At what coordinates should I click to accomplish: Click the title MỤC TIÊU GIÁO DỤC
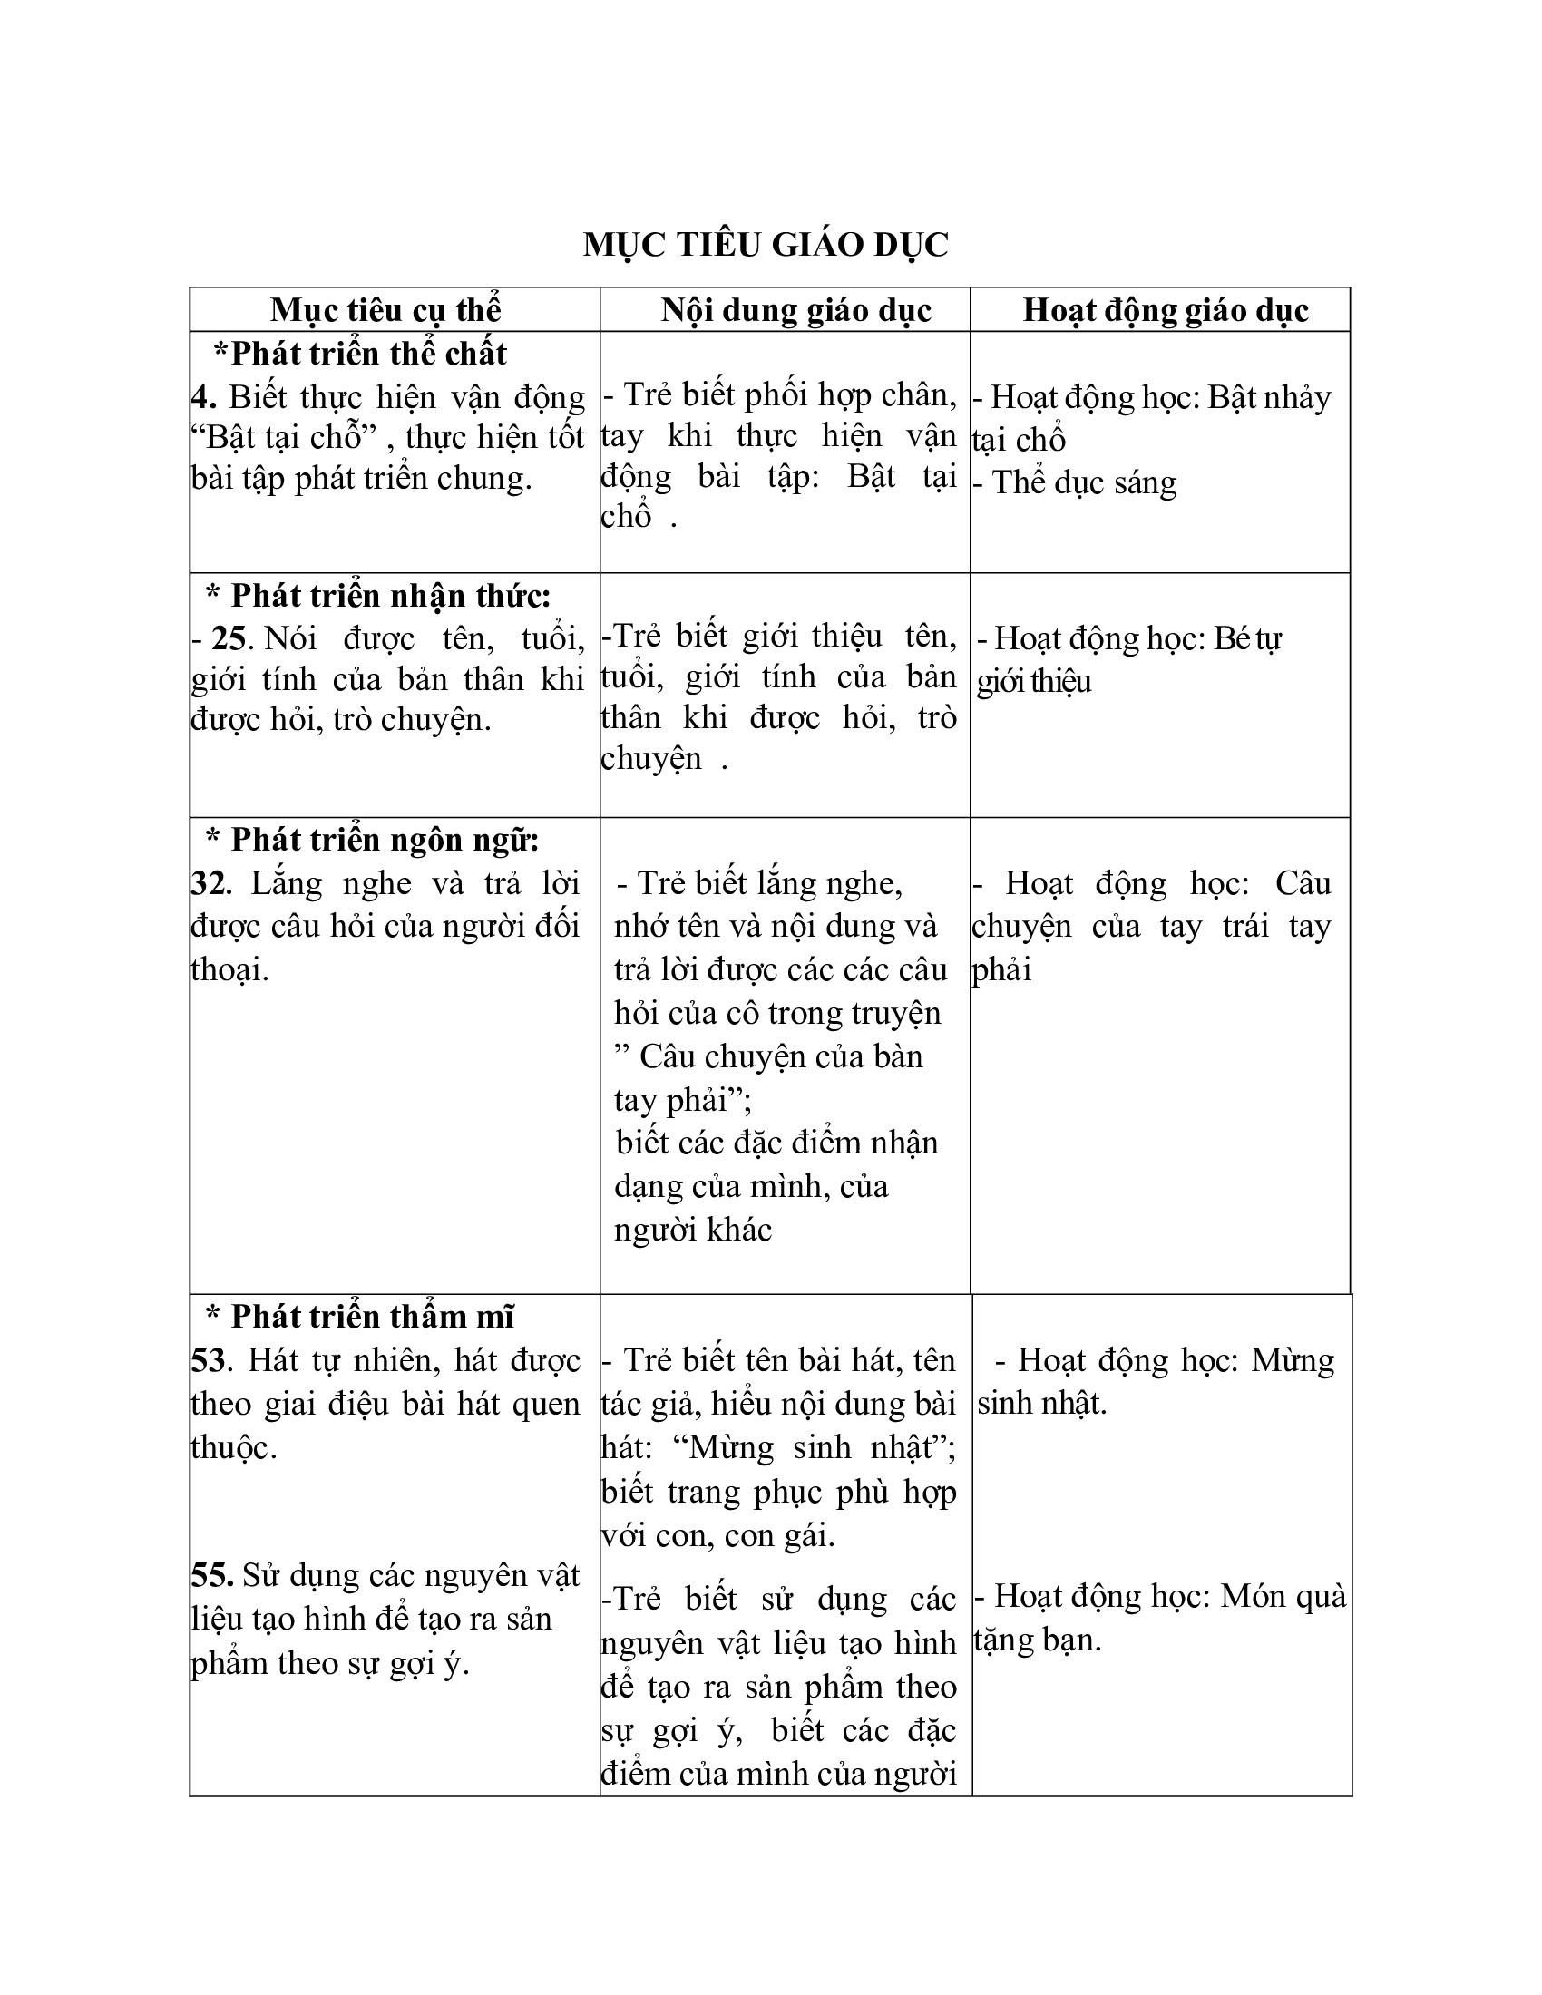pyautogui.click(x=766, y=245)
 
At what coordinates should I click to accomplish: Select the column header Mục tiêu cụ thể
pyautogui.click(x=385, y=310)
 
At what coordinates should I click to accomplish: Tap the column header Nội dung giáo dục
pyautogui.click(x=795, y=310)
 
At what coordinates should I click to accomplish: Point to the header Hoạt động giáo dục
pyautogui.click(x=1165, y=310)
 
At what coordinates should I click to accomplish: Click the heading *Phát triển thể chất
pyautogui.click(x=360, y=354)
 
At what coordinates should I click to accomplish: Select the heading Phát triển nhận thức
pyautogui.click(x=378, y=596)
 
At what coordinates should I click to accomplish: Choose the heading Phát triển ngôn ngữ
pyautogui.click(x=373, y=839)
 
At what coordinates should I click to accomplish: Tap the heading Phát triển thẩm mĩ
pyautogui.click(x=361, y=1317)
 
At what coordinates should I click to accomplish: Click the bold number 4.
pyautogui.click(x=203, y=397)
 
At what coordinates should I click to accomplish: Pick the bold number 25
pyautogui.click(x=229, y=637)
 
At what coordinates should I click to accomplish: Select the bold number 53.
pyautogui.click(x=209, y=1360)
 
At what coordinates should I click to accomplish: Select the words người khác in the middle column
pyautogui.click(x=693, y=1230)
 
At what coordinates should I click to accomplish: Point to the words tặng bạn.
pyautogui.click(x=1038, y=1640)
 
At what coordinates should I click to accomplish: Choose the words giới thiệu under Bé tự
pyautogui.click(x=1034, y=681)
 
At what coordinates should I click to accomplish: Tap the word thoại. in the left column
pyautogui.click(x=230, y=969)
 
